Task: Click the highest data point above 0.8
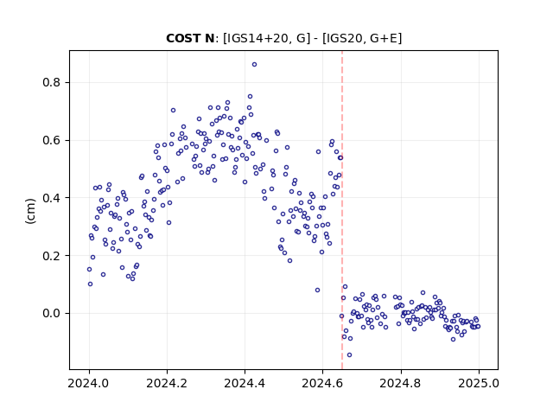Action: [254, 65]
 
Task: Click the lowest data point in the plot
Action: [349, 355]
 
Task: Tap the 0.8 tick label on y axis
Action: [52, 83]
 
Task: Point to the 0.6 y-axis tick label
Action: [52, 140]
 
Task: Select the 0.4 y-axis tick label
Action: [52, 198]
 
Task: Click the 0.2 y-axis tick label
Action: [52, 256]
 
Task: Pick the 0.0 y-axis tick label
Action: [52, 313]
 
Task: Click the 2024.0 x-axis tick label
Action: [89, 383]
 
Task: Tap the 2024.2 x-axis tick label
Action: [167, 383]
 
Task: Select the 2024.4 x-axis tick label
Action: [245, 383]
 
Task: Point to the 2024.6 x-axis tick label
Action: [322, 383]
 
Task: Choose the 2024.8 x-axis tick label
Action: [401, 383]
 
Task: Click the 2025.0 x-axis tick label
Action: [479, 383]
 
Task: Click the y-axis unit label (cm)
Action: [31, 211]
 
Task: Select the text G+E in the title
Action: [383, 38]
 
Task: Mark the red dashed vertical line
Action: [342, 210]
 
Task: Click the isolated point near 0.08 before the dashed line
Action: [317, 290]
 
